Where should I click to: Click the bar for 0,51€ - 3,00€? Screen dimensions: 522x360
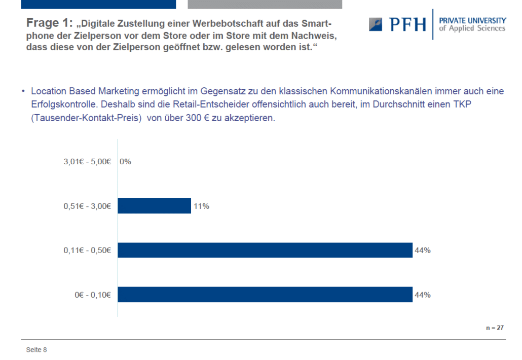pyautogui.click(x=155, y=206)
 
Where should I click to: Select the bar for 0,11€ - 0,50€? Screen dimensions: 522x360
pyautogui.click(x=265, y=250)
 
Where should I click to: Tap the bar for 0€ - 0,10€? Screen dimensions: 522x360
pyautogui.click(x=265, y=295)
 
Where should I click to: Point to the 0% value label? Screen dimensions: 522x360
pyautogui.click(x=126, y=162)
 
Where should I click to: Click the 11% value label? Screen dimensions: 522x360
pyautogui.click(x=201, y=206)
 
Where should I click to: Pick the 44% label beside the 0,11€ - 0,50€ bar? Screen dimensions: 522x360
pyautogui.click(x=423, y=250)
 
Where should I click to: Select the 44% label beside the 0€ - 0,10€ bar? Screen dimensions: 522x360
pyautogui.click(x=423, y=295)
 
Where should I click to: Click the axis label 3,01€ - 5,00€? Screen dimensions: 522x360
pyautogui.click(x=87, y=162)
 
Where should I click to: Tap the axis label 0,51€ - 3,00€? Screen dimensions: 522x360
pyautogui.click(x=87, y=206)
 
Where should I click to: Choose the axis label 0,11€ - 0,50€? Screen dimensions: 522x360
pyautogui.click(x=87, y=250)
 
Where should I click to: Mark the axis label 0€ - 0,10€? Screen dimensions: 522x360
pyautogui.click(x=93, y=295)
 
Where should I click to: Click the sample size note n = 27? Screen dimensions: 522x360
pyautogui.click(x=495, y=328)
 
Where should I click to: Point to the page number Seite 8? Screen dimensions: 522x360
pyautogui.click(x=36, y=350)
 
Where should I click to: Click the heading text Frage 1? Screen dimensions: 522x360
pyautogui.click(x=49, y=23)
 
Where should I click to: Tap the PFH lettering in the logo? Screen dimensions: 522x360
pyautogui.click(x=407, y=24)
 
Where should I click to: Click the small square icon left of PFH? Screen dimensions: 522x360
pyautogui.click(x=376, y=24)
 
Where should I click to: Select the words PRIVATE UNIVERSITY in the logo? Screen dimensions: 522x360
pyautogui.click(x=472, y=21)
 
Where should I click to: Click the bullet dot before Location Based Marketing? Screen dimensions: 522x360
pyautogui.click(x=23, y=91)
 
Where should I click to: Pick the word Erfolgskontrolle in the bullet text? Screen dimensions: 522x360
pyautogui.click(x=64, y=104)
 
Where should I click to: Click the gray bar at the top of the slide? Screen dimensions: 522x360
pyautogui.click(x=265, y=5)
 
